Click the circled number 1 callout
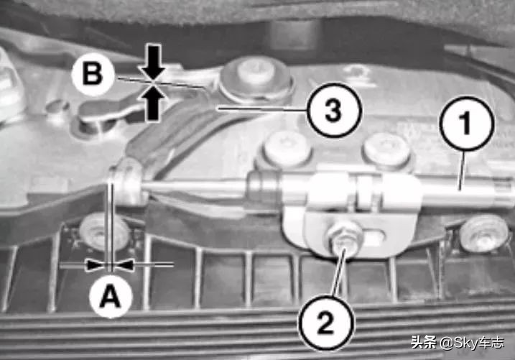pyautogui.click(x=467, y=124)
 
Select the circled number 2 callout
pyautogui.click(x=326, y=322)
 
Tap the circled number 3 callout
pyautogui.click(x=334, y=110)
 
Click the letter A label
pyautogui.click(x=111, y=296)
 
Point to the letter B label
pyautogui.click(x=93, y=73)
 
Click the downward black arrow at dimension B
pyautogui.click(x=153, y=62)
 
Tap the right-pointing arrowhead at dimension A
pyautogui.click(x=97, y=264)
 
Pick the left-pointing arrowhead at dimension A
pyautogui.click(x=124, y=264)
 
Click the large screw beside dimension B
pyautogui.click(x=256, y=79)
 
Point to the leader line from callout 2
pyautogui.click(x=339, y=272)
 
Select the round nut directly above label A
pyautogui.click(x=104, y=232)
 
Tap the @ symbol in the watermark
pyautogui.click(x=446, y=343)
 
